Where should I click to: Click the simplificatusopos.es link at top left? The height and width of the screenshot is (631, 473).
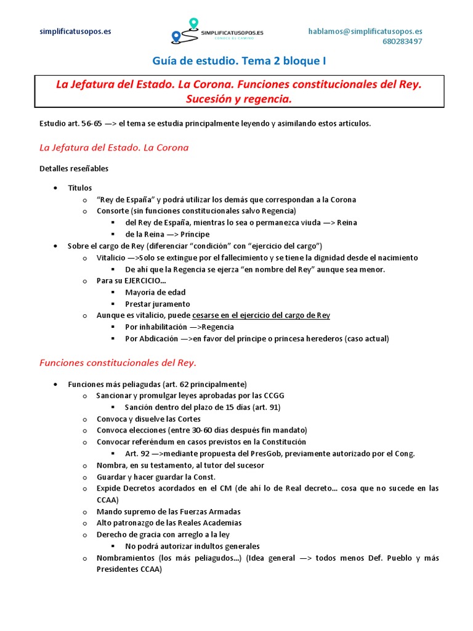pos(75,31)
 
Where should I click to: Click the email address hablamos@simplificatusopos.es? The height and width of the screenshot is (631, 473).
pos(365,31)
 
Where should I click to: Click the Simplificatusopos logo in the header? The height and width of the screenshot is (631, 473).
pos(219,32)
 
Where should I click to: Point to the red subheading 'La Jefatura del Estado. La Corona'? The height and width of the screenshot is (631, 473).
pos(114,148)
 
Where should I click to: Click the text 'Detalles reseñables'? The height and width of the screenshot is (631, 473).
pos(74,168)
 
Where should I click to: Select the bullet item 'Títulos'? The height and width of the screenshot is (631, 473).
pos(80,188)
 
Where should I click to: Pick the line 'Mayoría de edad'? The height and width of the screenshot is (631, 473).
pos(155,292)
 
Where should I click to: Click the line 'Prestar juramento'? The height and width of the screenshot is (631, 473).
pos(158,304)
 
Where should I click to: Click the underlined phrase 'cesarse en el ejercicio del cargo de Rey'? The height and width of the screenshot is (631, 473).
pos(261,315)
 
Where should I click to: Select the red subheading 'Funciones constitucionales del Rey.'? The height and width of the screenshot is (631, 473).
pos(118,362)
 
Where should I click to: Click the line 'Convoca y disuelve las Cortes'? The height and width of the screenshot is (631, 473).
pos(148,419)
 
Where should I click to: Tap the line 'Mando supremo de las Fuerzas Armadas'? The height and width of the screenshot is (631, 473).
pos(168,511)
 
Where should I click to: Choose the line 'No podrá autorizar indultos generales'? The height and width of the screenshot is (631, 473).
pos(192,546)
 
